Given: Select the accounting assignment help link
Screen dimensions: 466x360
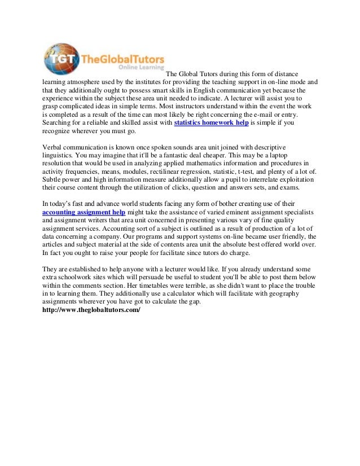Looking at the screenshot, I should (84, 212).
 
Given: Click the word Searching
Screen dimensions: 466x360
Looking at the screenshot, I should (59, 122).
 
